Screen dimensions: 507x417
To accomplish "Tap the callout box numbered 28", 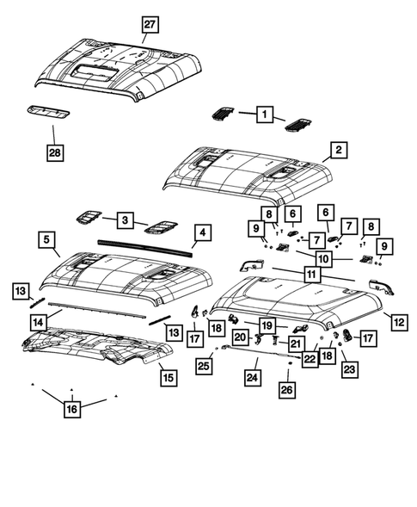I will pyautogui.click(x=56, y=153).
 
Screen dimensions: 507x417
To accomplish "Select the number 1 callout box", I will pyautogui.click(x=265, y=114).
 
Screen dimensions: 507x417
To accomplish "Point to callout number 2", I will pyautogui.click(x=339, y=151).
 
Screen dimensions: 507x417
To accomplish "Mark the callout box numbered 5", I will pyautogui.click(x=48, y=238).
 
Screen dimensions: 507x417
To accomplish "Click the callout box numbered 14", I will pyautogui.click(x=37, y=320).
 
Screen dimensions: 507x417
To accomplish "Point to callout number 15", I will pyautogui.click(x=167, y=376).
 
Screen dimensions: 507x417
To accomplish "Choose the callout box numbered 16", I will pyautogui.click(x=72, y=409).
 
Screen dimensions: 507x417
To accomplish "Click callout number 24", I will pyautogui.click(x=253, y=375).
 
